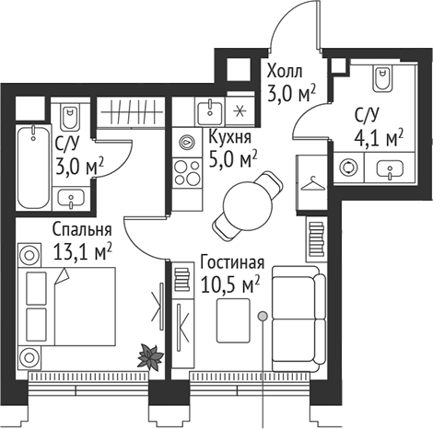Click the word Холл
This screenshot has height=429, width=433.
(284, 70)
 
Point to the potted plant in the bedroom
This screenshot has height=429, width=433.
(147, 354)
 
